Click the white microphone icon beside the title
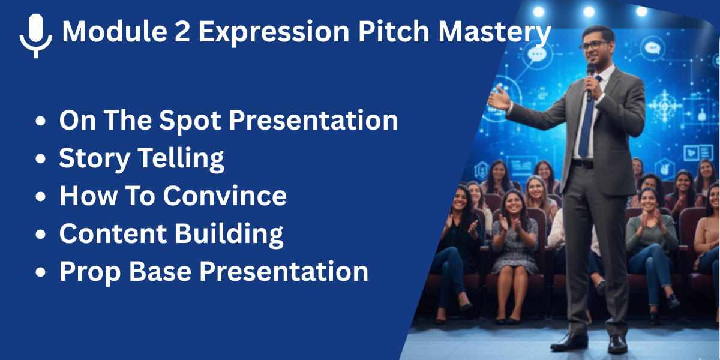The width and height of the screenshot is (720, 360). point(35,35)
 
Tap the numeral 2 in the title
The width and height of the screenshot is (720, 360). point(182,31)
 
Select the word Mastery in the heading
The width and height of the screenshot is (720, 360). point(494,32)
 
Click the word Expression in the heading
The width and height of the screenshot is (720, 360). point(274,32)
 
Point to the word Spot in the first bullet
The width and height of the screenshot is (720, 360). point(190,121)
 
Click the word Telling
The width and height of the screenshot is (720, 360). point(181,158)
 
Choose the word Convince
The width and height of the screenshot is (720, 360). point(224,196)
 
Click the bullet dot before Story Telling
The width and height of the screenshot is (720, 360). point(41,159)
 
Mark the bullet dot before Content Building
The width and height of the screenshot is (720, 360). point(41,235)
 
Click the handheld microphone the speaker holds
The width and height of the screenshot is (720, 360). point(590,82)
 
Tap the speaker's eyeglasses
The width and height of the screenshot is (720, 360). point(594,46)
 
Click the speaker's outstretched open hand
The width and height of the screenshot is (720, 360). point(499,98)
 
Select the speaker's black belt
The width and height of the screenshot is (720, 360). point(583,164)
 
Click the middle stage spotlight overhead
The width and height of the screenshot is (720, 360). point(589,11)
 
